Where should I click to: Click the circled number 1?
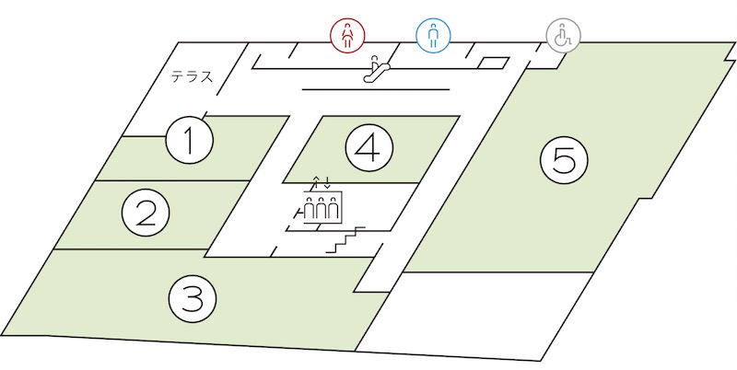click(x=190, y=140)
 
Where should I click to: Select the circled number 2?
click(x=146, y=214)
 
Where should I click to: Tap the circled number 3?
click(x=193, y=298)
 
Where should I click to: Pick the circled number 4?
click(x=369, y=147)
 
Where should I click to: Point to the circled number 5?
click(x=564, y=160)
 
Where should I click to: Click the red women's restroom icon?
click(x=347, y=35)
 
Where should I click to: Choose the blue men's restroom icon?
click(x=433, y=35)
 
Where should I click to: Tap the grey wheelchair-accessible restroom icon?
click(x=563, y=35)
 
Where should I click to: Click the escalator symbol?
click(x=377, y=68)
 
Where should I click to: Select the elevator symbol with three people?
click(x=322, y=206)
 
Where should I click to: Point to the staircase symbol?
click(x=345, y=240)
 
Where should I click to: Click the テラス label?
click(x=192, y=76)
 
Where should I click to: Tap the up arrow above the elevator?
click(x=316, y=182)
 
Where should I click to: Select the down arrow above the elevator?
click(x=327, y=182)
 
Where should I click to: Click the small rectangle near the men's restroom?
click(x=494, y=63)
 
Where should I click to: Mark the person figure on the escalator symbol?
click(x=375, y=61)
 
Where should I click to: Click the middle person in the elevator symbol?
click(x=322, y=209)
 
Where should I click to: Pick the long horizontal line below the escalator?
click(x=376, y=88)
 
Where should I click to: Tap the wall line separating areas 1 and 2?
click(x=172, y=180)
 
